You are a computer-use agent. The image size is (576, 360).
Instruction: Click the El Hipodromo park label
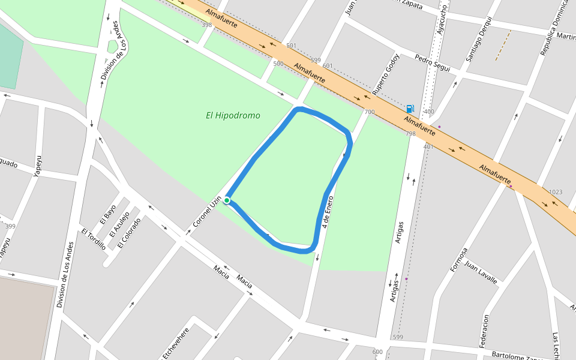[233, 115]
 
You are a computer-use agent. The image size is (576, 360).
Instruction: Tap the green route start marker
[227, 200]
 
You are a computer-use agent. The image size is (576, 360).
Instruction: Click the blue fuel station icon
[410, 109]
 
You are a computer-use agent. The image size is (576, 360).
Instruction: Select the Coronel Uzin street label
[207, 211]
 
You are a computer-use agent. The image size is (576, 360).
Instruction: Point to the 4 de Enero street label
[328, 211]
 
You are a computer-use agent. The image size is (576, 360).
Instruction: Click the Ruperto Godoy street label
[385, 76]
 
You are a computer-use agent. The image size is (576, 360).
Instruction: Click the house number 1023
[556, 192]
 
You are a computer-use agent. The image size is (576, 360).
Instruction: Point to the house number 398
[207, 25]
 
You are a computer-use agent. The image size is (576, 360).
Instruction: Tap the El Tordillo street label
[94, 238]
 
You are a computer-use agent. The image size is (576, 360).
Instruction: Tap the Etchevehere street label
[176, 343]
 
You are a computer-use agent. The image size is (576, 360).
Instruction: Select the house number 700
[369, 112]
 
